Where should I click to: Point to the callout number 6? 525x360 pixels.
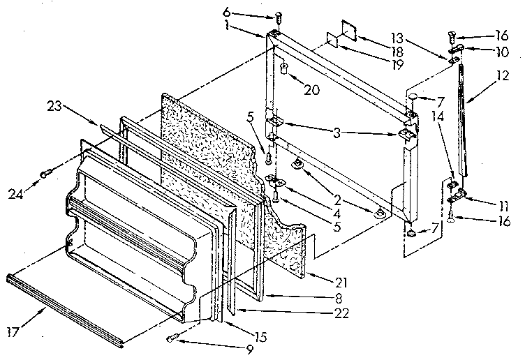[x=245, y=12]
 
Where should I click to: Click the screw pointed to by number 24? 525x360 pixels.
[x=45, y=172]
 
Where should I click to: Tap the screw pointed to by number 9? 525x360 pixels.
[x=173, y=339]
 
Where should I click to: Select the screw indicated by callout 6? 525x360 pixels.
[x=279, y=15]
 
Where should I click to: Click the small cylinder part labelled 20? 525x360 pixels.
[x=285, y=68]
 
